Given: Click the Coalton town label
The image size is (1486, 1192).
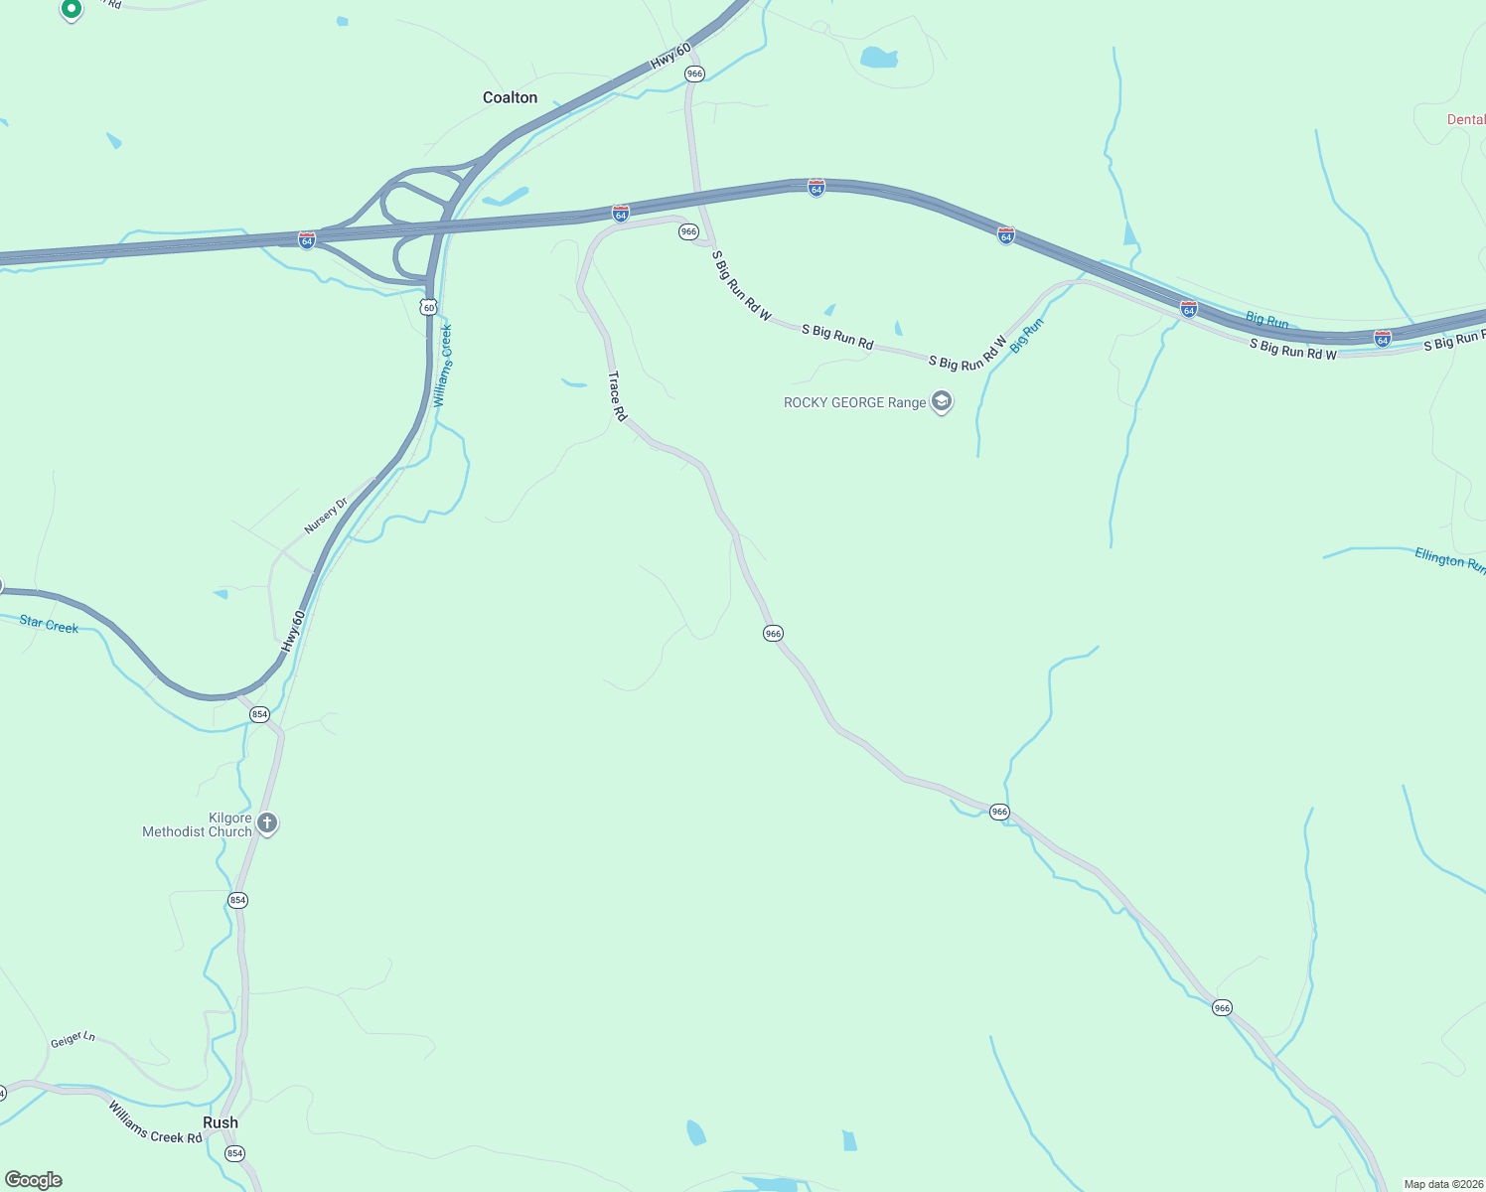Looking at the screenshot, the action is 510,97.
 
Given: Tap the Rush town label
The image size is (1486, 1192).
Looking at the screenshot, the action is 221,1122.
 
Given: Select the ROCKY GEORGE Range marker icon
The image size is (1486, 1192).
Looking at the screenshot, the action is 942,402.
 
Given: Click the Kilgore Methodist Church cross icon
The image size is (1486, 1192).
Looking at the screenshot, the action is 266,822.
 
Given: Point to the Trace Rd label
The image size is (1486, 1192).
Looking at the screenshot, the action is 618,396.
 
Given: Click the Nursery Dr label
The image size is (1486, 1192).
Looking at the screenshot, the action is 327,516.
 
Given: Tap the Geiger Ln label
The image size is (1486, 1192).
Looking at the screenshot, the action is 74,1039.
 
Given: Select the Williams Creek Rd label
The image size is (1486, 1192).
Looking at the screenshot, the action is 155,1122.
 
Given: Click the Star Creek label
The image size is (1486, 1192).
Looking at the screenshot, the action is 49,625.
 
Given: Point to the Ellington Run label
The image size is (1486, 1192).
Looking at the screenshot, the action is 1449,560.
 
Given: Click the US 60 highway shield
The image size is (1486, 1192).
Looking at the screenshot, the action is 428,307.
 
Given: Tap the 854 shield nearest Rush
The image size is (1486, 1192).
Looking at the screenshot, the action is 234,1153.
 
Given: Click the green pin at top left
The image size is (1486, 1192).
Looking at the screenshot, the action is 71,10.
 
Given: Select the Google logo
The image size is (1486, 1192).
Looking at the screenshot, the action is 34,1180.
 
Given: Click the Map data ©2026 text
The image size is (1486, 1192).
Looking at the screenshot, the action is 1442,1184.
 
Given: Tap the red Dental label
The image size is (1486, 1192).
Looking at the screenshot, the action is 1465,119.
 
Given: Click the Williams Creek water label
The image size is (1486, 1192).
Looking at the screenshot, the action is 443,365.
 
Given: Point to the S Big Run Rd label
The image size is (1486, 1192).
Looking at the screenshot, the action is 837,337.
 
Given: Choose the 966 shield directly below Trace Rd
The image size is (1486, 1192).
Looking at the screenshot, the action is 774,633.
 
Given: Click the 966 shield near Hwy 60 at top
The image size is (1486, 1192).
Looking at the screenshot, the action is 694,74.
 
